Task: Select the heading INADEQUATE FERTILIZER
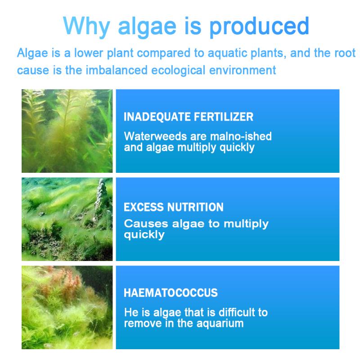[188, 117]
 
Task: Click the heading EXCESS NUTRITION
[173, 207]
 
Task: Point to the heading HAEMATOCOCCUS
[171, 293]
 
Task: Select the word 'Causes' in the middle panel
[141, 223]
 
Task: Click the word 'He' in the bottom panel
[130, 312]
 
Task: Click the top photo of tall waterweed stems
[67, 130]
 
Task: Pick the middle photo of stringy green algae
[67, 219]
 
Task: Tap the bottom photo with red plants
[67, 307]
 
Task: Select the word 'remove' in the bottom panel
[140, 323]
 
